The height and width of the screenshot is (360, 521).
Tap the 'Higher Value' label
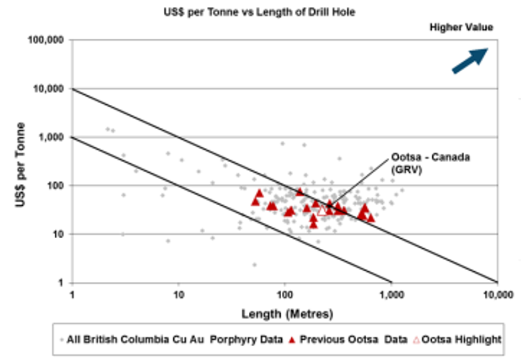tap(461, 27)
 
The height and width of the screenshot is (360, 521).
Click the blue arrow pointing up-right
tap(469, 60)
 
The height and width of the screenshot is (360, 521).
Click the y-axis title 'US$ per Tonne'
tap(20, 164)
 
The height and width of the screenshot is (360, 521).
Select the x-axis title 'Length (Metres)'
tap(287, 314)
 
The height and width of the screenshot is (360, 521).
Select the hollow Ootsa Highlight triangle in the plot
tap(322, 211)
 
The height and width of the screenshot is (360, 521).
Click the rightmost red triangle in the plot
tap(371, 217)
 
